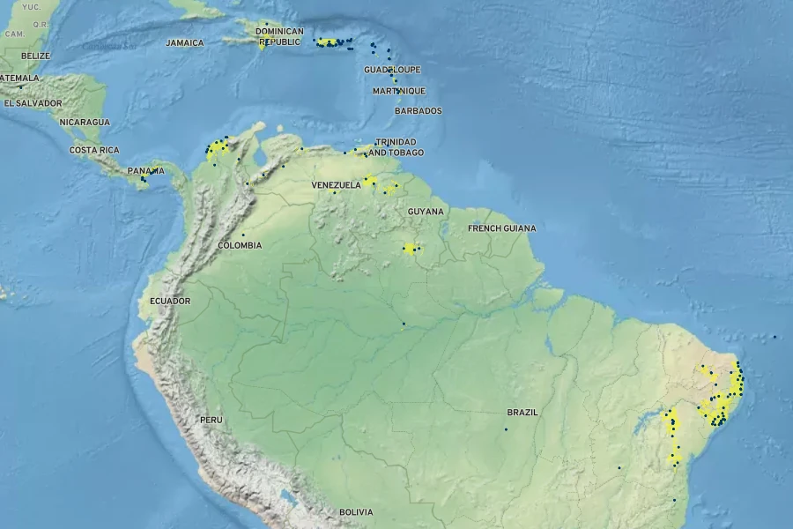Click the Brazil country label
click(x=522, y=412)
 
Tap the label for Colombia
click(x=240, y=245)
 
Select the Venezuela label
click(x=336, y=185)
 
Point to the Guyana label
click(x=426, y=212)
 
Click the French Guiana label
click(x=501, y=228)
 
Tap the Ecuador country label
click(x=170, y=301)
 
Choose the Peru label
click(x=211, y=420)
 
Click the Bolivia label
click(x=356, y=512)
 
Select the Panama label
click(x=145, y=171)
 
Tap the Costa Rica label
click(x=94, y=150)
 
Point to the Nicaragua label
click(x=85, y=122)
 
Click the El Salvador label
click(x=33, y=103)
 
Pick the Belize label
click(x=36, y=56)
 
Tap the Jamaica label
click(x=184, y=42)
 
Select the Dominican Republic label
click(x=279, y=36)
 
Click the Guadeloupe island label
click(x=392, y=70)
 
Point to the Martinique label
click(x=398, y=91)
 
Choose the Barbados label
click(x=419, y=111)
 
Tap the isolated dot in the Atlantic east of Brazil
click(x=774, y=336)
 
